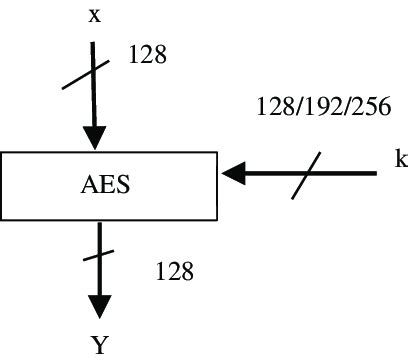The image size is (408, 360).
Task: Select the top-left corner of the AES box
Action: (x=2, y=152)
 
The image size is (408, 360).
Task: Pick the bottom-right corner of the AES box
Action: (x=217, y=219)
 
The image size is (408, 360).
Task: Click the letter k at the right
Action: (x=398, y=157)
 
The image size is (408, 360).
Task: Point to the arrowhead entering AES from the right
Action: (x=233, y=174)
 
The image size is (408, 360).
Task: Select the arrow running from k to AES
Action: (x=300, y=174)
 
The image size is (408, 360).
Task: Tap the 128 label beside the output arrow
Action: (x=174, y=270)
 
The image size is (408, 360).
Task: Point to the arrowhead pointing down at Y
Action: (x=99, y=306)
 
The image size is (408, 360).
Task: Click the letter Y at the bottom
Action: (x=99, y=345)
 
